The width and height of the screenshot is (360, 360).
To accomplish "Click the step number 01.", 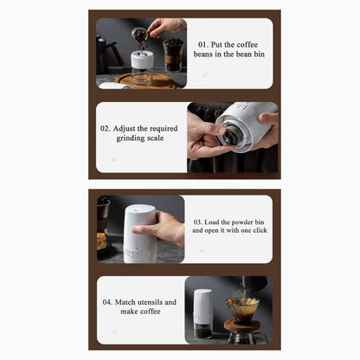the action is (x=203, y=45).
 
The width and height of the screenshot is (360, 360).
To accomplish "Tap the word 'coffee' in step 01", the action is (x=247, y=45).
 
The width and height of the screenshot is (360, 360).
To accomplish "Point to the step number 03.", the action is (x=198, y=222).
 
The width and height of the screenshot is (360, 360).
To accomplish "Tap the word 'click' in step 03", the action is (x=260, y=230).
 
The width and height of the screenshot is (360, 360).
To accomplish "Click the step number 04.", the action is (x=107, y=302).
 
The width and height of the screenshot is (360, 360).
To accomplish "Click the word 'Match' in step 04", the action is (x=125, y=302).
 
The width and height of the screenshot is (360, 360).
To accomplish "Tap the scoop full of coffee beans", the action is (x=140, y=35).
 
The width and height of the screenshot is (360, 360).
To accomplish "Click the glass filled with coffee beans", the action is (x=173, y=55).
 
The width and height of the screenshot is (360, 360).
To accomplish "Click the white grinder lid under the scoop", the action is (x=142, y=60).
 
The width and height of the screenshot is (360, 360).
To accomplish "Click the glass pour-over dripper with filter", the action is (x=242, y=309).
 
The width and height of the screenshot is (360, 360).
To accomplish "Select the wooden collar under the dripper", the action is (x=242, y=325).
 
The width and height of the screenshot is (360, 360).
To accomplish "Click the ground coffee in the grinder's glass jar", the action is (x=203, y=333).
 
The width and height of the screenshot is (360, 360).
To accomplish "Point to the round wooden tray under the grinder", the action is (x=150, y=80).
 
